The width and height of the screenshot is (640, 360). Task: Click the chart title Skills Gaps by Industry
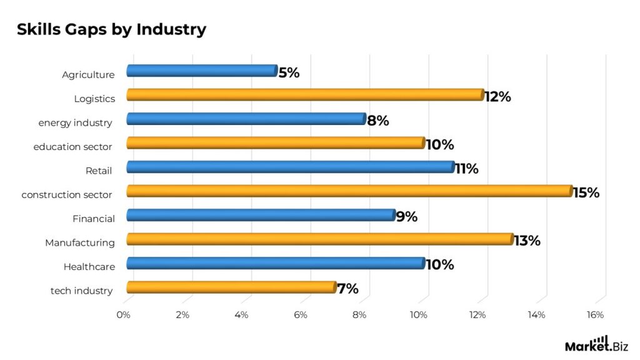pyautogui.click(x=111, y=29)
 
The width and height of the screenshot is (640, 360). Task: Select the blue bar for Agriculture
pyautogui.click(x=201, y=71)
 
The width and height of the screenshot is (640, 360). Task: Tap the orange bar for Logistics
pyautogui.click(x=305, y=95)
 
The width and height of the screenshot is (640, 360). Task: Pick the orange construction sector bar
pyautogui.click(x=349, y=191)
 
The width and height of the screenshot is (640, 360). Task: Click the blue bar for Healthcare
pyautogui.click(x=275, y=264)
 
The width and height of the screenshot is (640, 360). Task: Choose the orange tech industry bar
pyautogui.click(x=231, y=287)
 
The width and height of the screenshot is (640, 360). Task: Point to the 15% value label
pyautogui.click(x=586, y=192)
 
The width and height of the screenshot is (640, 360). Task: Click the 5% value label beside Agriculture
pyautogui.click(x=289, y=72)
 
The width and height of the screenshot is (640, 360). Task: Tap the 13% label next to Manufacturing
pyautogui.click(x=527, y=241)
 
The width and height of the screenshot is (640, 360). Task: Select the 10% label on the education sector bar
pyautogui.click(x=439, y=145)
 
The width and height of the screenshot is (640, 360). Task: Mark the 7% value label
pyautogui.click(x=347, y=289)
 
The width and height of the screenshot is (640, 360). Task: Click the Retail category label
pyautogui.click(x=100, y=171)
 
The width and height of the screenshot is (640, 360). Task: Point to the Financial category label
pyautogui.click(x=93, y=219)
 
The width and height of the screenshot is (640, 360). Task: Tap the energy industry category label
pyautogui.click(x=76, y=122)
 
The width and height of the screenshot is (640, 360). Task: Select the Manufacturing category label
pyautogui.click(x=80, y=242)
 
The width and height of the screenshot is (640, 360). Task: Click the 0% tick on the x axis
pyautogui.click(x=124, y=315)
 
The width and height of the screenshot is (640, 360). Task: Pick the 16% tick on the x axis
pyautogui.click(x=596, y=315)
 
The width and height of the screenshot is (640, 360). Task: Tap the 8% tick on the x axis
pyautogui.click(x=360, y=315)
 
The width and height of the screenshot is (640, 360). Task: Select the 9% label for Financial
pyautogui.click(x=406, y=217)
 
